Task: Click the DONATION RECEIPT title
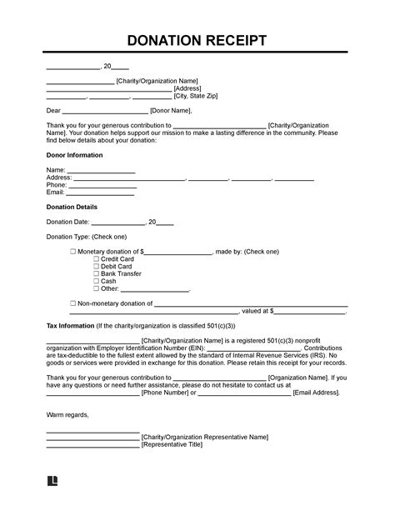197,41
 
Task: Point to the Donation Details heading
72,207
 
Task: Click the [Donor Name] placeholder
172,110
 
